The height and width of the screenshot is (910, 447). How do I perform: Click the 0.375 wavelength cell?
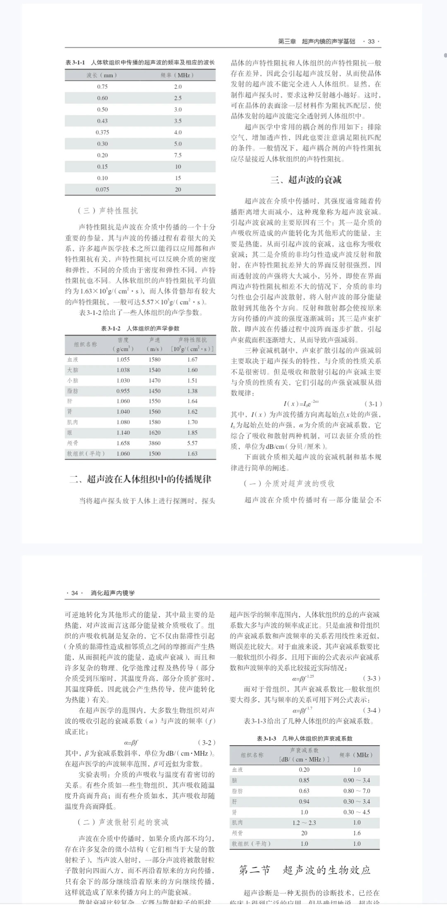pos(102,133)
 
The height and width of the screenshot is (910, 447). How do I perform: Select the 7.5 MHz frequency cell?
pos(178,155)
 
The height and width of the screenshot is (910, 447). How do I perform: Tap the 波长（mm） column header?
pos(102,75)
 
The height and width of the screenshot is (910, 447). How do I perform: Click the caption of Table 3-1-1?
pos(140,63)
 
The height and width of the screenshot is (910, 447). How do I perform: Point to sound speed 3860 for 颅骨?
pos(154,443)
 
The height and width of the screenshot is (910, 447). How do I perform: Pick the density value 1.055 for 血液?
pos(123,360)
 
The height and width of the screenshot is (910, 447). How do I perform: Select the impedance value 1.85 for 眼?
pos(192,433)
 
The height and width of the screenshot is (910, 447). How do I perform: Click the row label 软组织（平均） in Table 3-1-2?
pos(86,454)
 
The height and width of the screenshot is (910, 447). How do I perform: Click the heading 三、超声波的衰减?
pos(306,180)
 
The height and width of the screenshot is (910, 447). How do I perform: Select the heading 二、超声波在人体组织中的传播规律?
pos(140,479)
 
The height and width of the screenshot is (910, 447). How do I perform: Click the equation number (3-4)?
pos(371,710)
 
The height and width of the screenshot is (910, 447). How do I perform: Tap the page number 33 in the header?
pos(371,41)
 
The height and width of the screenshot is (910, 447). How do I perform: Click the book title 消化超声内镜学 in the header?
pos(113,593)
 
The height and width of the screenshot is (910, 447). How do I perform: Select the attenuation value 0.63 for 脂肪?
pos(304,791)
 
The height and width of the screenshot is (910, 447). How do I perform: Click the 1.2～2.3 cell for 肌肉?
pos(304,823)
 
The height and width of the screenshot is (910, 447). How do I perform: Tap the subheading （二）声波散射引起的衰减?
pos(123,822)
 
